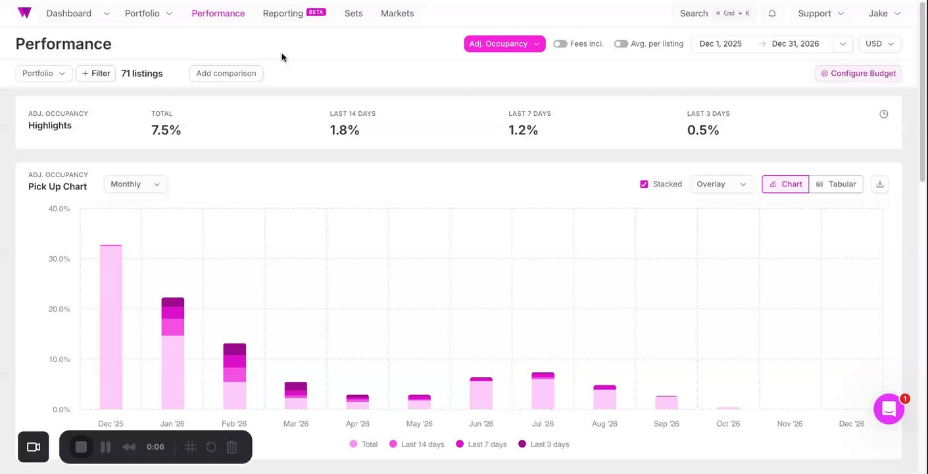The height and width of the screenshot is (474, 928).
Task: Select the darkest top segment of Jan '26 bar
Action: click(173, 302)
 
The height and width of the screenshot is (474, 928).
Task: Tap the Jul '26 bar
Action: click(543, 391)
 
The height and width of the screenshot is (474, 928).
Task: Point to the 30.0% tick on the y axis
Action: click(59, 259)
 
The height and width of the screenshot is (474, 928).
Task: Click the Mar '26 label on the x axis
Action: click(296, 424)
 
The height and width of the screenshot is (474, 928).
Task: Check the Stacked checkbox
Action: click(644, 184)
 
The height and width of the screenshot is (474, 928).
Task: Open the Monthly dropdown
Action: click(135, 184)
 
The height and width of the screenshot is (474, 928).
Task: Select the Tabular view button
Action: click(836, 184)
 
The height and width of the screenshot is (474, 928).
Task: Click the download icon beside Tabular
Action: click(880, 184)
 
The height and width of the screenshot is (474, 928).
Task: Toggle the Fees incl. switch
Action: click(560, 44)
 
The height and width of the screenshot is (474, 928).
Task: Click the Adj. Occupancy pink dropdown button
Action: click(504, 44)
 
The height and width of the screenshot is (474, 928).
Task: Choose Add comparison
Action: click(226, 73)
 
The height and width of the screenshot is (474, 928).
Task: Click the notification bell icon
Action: click(772, 13)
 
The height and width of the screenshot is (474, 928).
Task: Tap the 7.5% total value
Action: click(166, 130)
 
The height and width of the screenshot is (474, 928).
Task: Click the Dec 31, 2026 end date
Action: click(795, 44)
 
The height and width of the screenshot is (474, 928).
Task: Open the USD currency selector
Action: click(879, 44)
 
